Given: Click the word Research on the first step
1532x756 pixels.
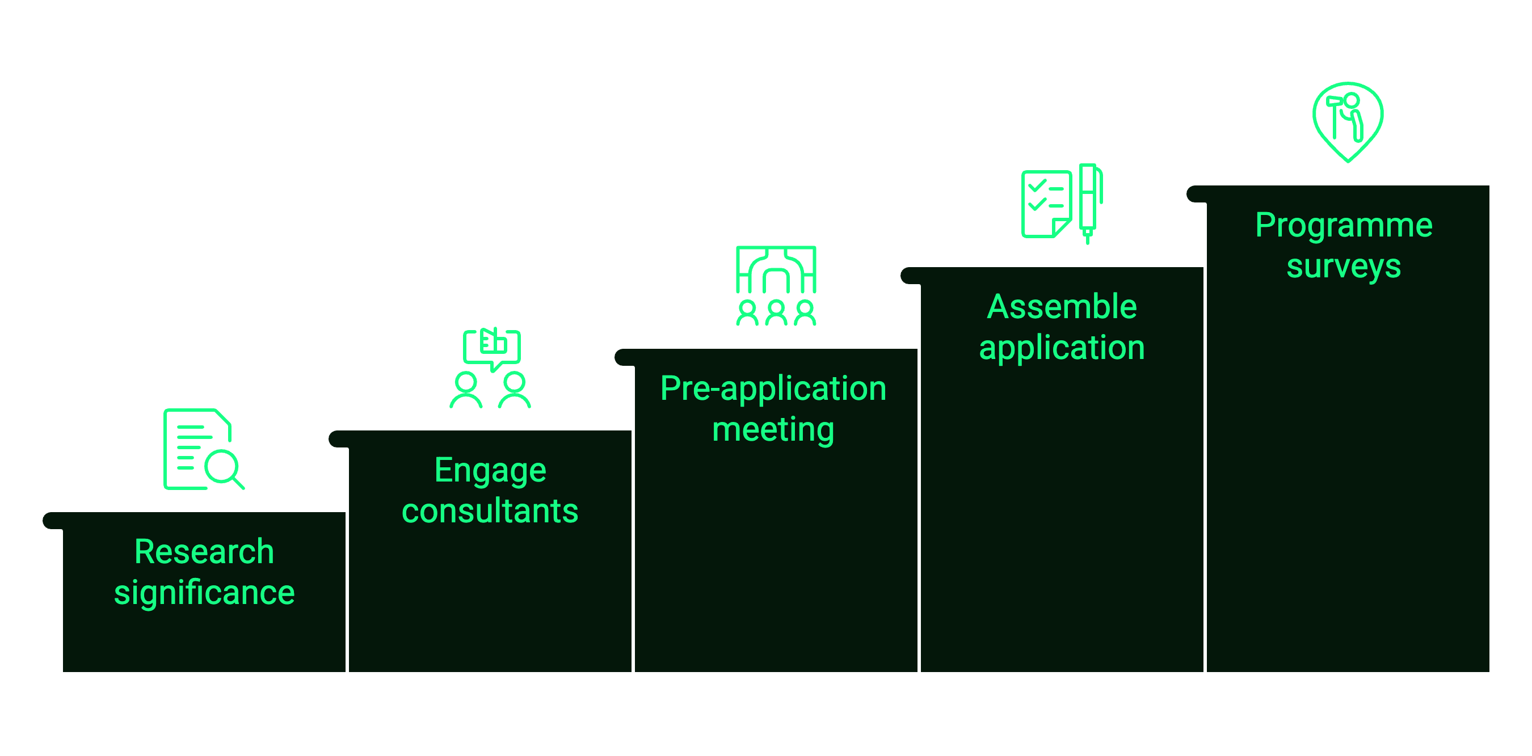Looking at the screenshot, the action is click(x=204, y=552).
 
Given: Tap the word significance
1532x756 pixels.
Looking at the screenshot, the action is click(x=204, y=593).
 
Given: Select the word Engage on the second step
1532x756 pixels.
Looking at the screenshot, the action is click(x=490, y=471).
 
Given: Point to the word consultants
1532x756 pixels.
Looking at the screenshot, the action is click(x=490, y=511).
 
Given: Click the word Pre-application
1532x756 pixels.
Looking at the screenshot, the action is click(x=773, y=389).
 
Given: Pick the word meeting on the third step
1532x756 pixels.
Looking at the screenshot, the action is click(x=773, y=430).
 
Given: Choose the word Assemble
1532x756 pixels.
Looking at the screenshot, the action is click(x=1062, y=307).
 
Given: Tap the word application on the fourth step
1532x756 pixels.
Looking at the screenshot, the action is click(x=1062, y=348).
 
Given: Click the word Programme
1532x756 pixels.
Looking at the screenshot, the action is click(x=1344, y=226).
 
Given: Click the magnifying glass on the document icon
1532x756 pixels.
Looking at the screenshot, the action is click(x=224, y=469).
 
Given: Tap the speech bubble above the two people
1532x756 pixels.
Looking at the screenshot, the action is click(x=492, y=349).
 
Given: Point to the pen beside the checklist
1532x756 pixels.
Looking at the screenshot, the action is click(x=1089, y=203).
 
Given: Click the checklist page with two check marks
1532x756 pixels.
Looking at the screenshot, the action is click(x=1047, y=204).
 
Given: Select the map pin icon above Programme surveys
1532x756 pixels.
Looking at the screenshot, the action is click(x=1348, y=122).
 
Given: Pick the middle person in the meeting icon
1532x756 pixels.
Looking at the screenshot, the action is click(x=776, y=312).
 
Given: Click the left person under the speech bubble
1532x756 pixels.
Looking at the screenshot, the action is click(x=466, y=390).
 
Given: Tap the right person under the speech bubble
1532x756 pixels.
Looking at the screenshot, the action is click(x=515, y=390).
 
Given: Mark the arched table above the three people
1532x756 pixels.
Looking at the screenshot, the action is click(x=776, y=269).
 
